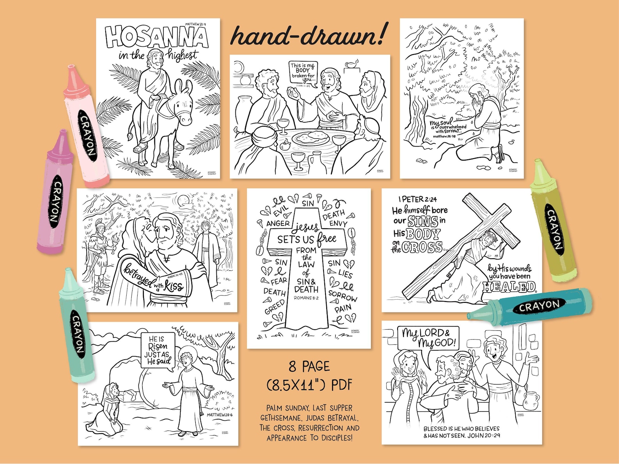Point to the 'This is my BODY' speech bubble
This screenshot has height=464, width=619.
[x=302, y=73]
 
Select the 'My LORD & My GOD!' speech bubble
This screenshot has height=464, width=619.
[x=428, y=338]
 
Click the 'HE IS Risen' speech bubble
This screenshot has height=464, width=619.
[x=158, y=350]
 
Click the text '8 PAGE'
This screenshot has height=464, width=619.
[x=309, y=367]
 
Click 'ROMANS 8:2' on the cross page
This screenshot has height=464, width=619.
[x=306, y=298]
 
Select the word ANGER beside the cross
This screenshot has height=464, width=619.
[x=278, y=224]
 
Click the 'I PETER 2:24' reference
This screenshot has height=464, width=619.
[x=417, y=199]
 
